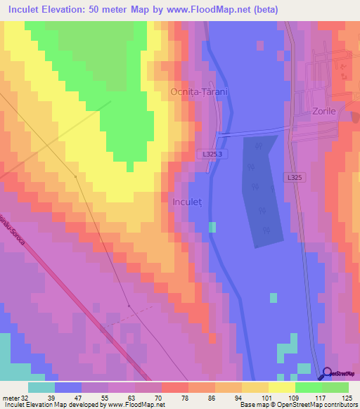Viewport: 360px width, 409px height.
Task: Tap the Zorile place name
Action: [x=324, y=111]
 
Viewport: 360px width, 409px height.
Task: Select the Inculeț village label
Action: [x=187, y=202]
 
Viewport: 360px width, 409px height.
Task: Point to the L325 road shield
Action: [x=295, y=178]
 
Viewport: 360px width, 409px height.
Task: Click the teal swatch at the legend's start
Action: [x=41, y=387]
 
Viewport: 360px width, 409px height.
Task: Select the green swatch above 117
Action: [x=309, y=387]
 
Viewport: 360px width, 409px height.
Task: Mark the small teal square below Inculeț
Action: [x=212, y=226]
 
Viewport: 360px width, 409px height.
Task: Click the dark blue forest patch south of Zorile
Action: [x=262, y=190]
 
